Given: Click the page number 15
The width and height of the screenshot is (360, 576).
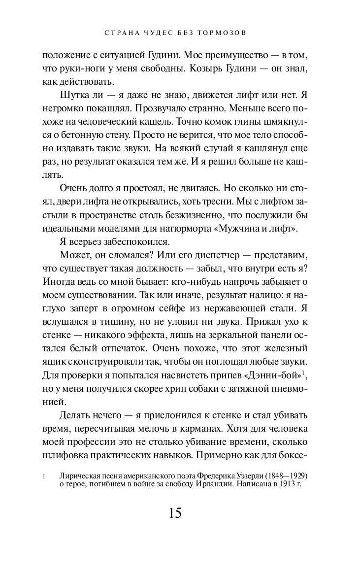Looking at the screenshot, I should point(175,512).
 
